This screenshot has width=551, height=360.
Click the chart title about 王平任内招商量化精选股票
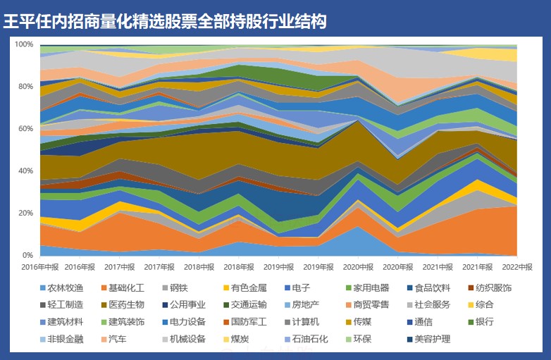[x=165, y=21]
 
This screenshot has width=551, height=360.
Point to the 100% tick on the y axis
[x=24, y=44]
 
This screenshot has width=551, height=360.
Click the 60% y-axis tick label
[x=25, y=129]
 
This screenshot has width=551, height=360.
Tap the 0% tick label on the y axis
[x=28, y=255]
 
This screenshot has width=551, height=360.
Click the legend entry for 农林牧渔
[x=64, y=287]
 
